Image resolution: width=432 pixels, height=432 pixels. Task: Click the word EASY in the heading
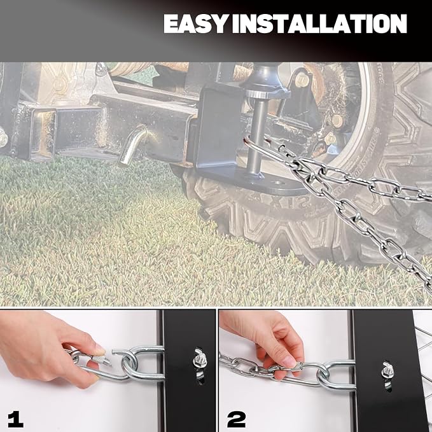pos(195,24)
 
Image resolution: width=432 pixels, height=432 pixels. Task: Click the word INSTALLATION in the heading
pos(319,24)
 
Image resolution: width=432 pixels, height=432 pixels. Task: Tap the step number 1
pos(15,420)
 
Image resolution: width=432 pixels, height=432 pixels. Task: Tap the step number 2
pos(237,420)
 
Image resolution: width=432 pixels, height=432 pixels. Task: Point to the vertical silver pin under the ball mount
pos(254,138)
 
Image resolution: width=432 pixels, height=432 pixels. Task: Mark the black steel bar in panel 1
pos(190,370)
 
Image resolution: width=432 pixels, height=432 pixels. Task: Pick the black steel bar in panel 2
pos(383,370)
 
